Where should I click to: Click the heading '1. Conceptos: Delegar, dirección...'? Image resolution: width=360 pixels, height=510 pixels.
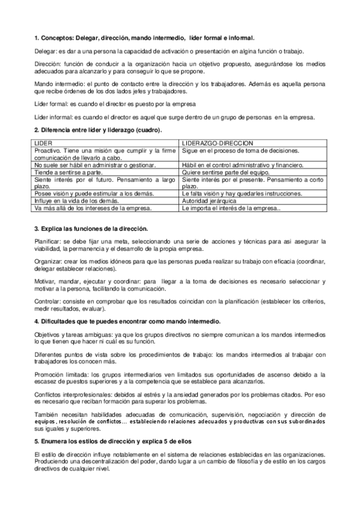coord(144,38)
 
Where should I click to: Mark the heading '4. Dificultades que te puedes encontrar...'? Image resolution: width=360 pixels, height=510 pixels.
coord(127,322)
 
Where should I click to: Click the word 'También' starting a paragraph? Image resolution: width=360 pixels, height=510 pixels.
coord(46,415)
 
